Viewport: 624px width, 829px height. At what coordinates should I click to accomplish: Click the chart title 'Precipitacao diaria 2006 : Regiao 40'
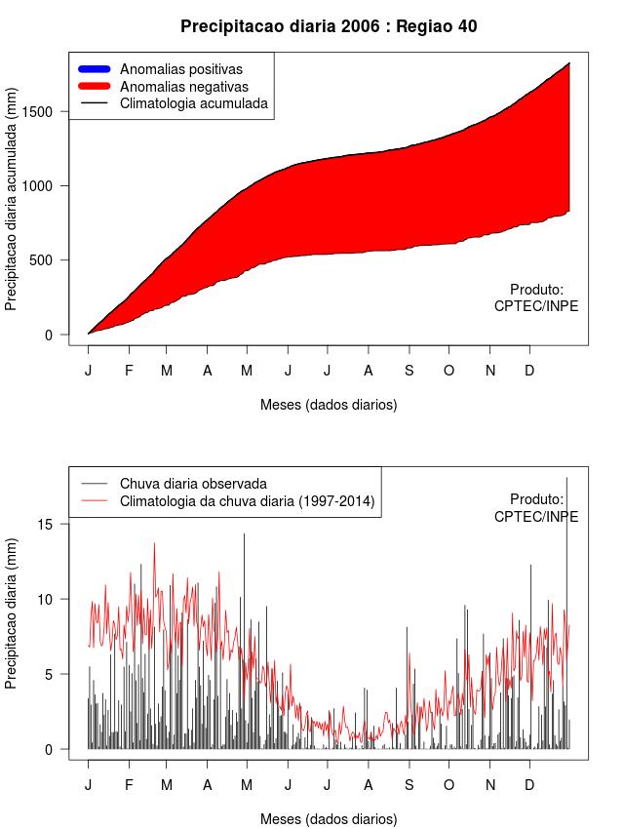(329, 26)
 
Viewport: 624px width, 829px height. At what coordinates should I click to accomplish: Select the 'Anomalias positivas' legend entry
(180, 69)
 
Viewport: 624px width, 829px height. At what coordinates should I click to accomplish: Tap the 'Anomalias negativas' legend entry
(183, 86)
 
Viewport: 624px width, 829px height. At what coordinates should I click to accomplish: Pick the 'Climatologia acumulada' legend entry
(193, 102)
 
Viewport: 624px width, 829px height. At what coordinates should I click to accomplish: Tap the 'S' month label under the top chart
(409, 371)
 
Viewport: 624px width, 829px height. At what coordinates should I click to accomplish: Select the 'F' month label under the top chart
(129, 371)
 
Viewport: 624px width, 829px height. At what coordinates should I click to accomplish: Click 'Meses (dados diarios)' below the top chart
(329, 404)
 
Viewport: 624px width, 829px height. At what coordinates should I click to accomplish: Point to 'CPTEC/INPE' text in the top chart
(536, 306)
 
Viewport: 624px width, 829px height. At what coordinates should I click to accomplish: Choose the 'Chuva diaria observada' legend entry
(193, 484)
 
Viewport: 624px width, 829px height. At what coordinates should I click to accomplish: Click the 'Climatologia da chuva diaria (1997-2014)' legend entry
(248, 501)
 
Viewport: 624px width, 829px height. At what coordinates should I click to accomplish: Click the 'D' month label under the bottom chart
(529, 785)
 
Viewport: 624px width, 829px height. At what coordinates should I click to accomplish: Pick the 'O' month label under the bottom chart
(448, 785)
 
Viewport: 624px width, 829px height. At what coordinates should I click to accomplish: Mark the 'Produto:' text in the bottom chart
(536, 499)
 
